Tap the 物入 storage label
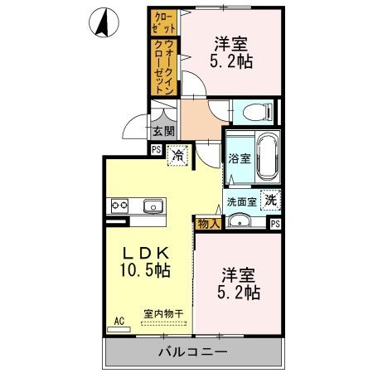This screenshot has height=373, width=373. (x=207, y=223)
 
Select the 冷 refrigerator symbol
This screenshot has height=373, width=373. (x=177, y=154)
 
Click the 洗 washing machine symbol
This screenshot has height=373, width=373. (x=270, y=200)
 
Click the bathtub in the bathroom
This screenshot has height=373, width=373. (x=266, y=159)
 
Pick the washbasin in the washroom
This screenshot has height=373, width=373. (x=241, y=220)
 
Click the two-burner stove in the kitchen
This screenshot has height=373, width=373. (x=117, y=206)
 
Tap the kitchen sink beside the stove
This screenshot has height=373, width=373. (x=154, y=206)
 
